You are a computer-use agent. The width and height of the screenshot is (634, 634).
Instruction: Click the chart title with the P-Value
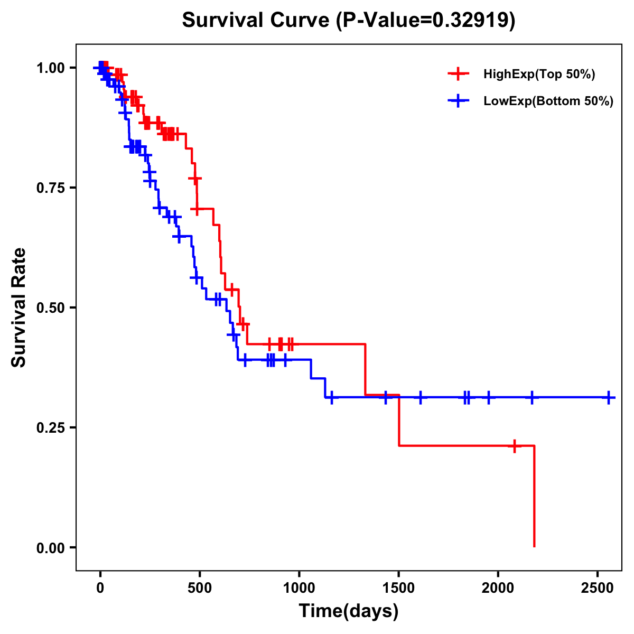349,21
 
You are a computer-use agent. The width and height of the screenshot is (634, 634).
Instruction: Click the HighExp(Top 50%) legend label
539,74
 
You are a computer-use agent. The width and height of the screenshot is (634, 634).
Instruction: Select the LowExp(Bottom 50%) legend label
548,101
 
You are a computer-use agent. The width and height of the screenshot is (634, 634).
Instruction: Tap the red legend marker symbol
459,74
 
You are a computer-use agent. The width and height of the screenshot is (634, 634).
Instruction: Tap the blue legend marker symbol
459,101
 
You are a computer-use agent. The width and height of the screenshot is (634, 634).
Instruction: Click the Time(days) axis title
349,611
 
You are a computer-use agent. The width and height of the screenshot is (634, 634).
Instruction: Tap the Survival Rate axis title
19,307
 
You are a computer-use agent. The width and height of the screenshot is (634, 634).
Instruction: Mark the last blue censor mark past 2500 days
609,397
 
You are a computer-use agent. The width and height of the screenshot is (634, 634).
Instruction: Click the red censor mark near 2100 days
514,446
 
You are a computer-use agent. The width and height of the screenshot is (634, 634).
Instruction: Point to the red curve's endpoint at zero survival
534,546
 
